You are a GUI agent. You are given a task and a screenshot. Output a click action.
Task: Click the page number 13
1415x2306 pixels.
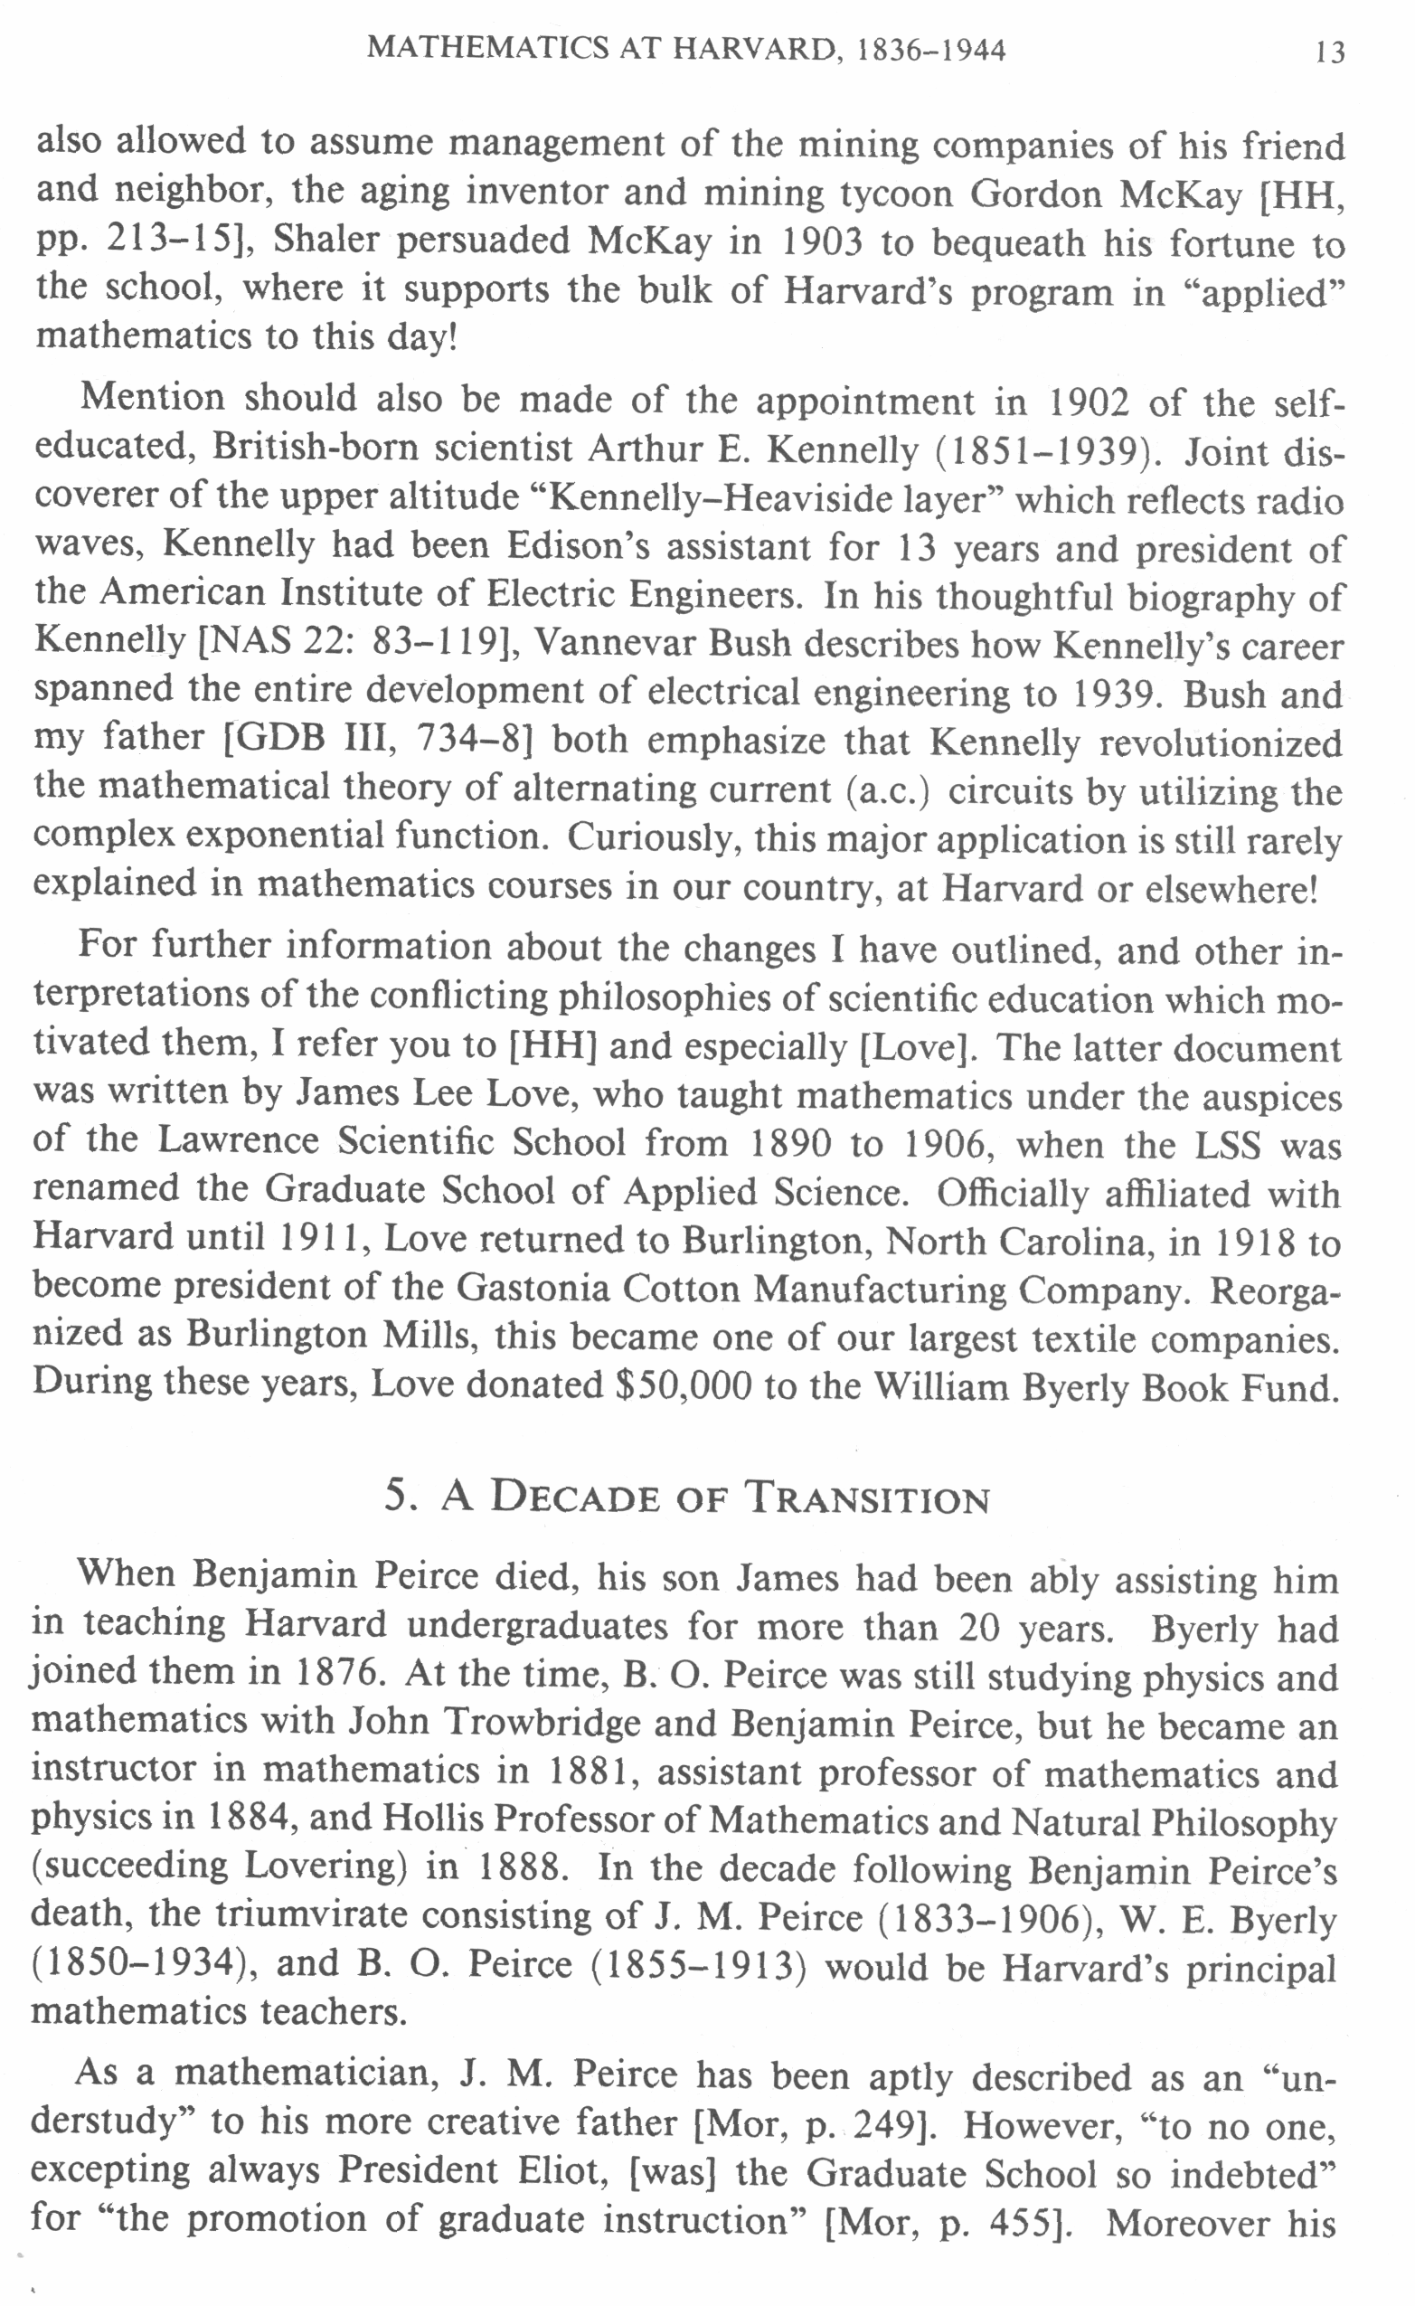click(x=1329, y=52)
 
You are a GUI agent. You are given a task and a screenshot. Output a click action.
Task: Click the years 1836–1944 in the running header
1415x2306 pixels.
click(x=930, y=50)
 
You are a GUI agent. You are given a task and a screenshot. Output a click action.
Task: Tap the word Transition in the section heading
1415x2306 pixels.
click(x=866, y=1498)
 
